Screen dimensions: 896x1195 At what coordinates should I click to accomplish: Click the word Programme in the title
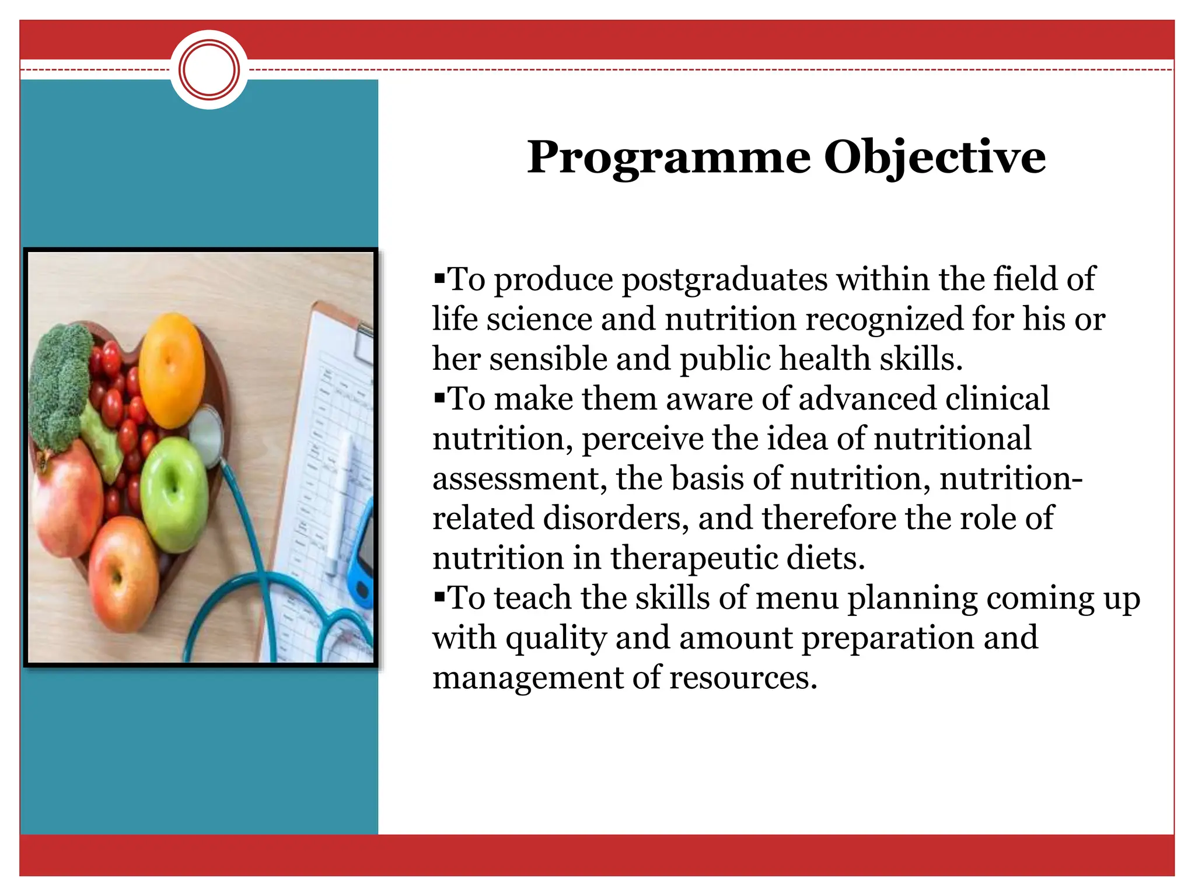pos(668,157)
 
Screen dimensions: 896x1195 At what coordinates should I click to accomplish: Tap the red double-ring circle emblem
pos(209,69)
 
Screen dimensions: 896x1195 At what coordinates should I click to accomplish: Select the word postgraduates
pos(724,280)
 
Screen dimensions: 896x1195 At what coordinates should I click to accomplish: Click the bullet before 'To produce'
pos(439,274)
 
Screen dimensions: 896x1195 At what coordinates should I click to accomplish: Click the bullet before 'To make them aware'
pos(439,394)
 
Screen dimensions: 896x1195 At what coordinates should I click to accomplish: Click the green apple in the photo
pos(173,494)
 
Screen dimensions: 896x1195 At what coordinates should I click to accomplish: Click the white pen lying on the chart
pos(342,502)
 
